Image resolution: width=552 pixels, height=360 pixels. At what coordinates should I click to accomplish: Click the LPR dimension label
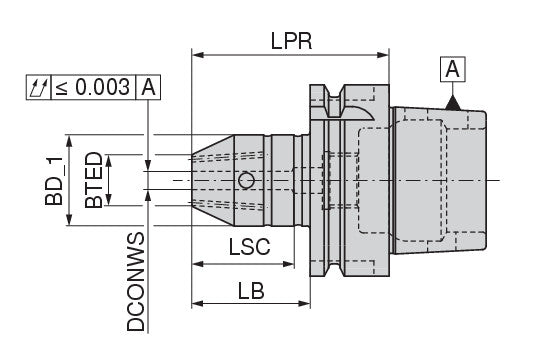(291, 41)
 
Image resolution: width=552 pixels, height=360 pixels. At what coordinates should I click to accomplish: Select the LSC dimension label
(250, 247)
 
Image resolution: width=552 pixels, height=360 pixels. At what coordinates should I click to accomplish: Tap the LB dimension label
(251, 291)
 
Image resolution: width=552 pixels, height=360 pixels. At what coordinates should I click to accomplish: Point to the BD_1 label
(54, 180)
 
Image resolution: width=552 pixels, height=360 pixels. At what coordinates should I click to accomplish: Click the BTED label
(94, 180)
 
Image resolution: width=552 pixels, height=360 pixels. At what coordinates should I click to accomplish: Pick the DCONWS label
(136, 282)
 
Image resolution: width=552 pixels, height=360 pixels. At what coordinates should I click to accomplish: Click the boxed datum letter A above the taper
(453, 69)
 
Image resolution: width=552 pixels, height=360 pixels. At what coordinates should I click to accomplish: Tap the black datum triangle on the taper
(453, 103)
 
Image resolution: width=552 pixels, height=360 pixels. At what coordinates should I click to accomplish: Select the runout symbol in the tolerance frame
(39, 87)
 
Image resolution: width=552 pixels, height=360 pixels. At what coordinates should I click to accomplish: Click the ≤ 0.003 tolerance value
(93, 87)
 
